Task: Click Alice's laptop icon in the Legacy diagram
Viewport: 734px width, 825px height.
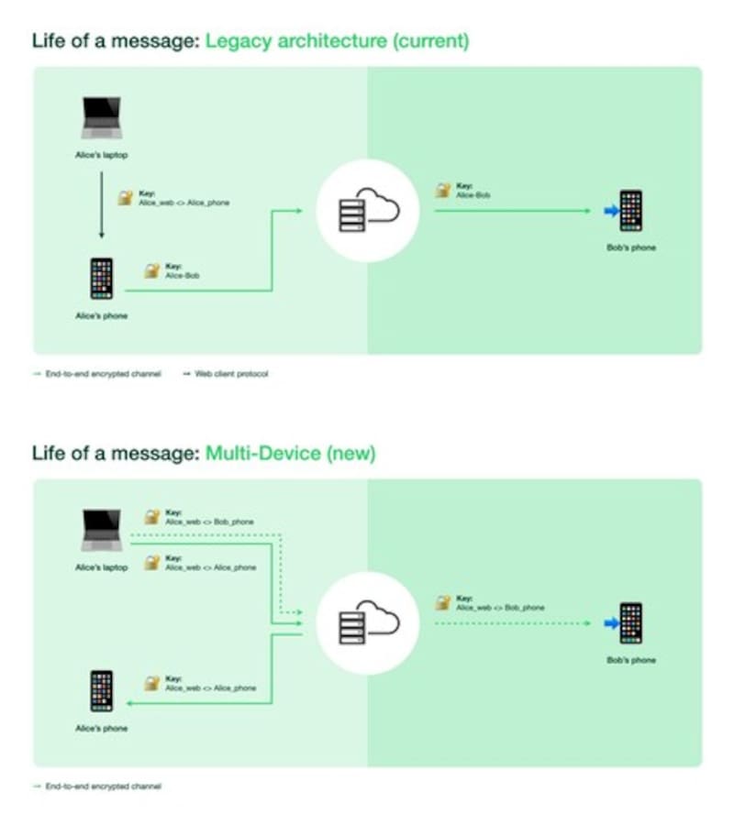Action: pos(101,118)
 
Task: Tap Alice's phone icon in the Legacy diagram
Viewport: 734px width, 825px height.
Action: pos(101,279)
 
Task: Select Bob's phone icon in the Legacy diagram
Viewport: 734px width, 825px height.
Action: pos(630,211)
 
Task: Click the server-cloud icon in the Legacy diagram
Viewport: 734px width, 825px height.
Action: pos(367,211)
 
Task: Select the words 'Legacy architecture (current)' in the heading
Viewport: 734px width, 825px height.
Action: pos(337,40)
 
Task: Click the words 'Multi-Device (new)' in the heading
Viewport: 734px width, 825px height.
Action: pos(290,453)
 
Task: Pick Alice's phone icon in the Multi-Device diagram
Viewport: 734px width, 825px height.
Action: pos(101,691)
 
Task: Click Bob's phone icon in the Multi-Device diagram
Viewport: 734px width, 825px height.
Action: pos(630,623)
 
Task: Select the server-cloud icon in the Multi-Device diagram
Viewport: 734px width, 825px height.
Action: pos(367,623)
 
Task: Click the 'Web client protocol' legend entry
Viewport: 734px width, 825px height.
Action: pos(231,374)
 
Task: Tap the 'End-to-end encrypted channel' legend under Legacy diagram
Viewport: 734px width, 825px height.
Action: pos(103,374)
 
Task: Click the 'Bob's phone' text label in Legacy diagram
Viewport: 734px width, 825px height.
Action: pos(631,247)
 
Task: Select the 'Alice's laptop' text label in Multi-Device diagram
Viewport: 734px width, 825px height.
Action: pos(101,567)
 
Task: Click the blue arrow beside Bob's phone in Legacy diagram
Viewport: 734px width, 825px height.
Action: pos(610,212)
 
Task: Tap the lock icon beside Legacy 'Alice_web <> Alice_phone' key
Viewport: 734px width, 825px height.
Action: pos(126,197)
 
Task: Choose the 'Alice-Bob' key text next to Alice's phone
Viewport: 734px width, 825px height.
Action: pos(182,275)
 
